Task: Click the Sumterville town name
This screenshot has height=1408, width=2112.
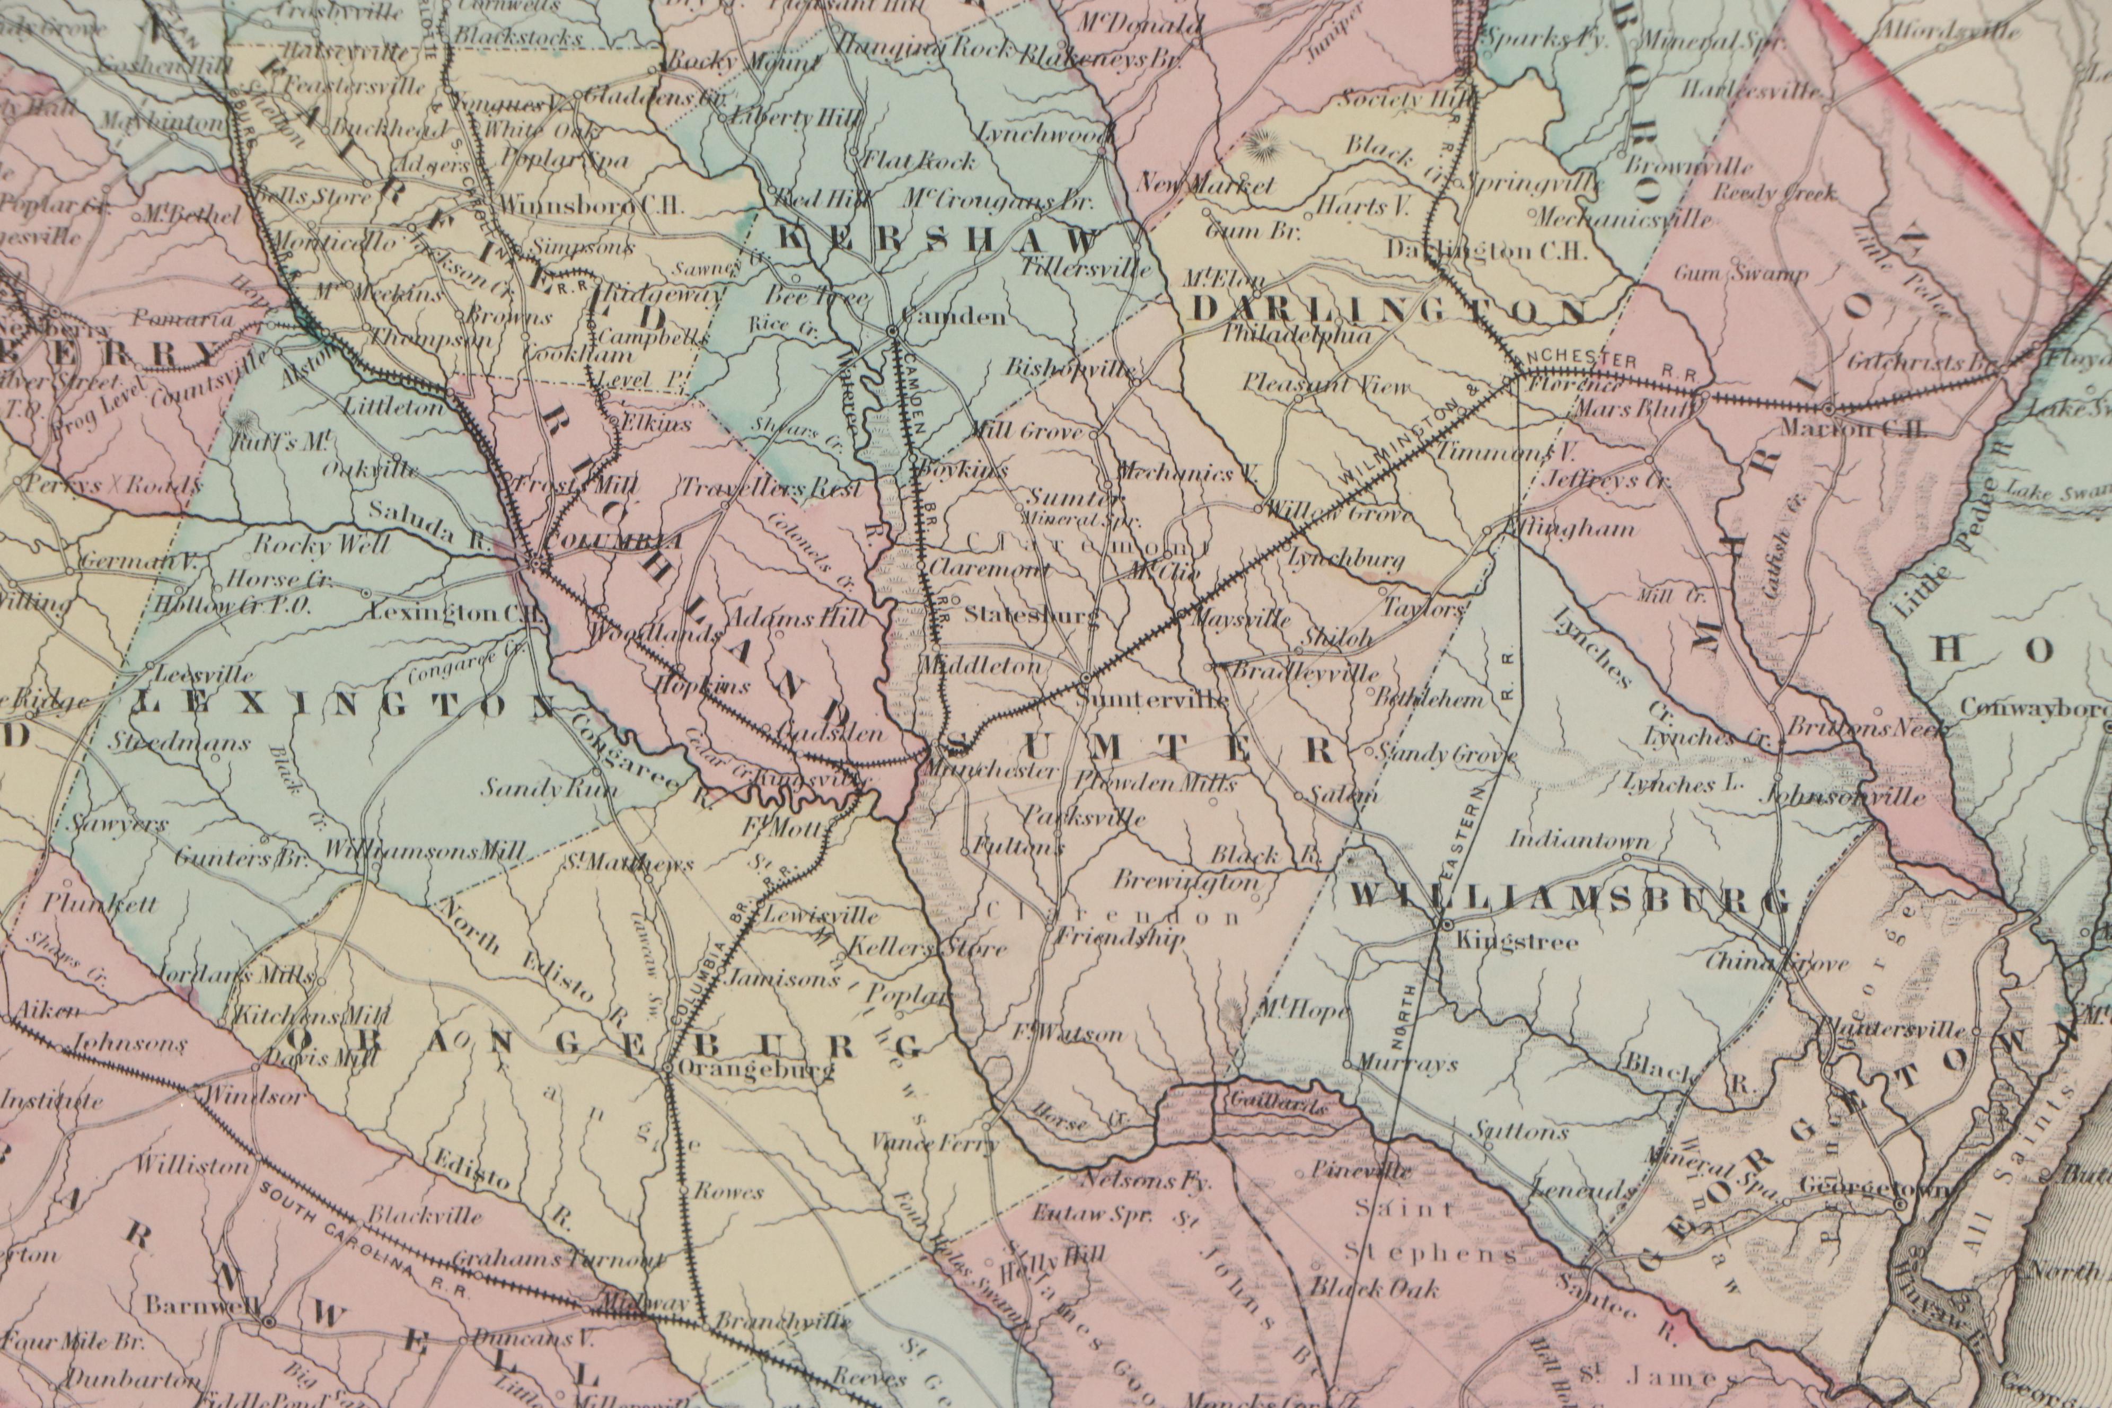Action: click(x=1151, y=700)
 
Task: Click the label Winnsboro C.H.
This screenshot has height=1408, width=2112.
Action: click(x=591, y=204)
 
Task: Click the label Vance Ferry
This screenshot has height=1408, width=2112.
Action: click(x=935, y=1143)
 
